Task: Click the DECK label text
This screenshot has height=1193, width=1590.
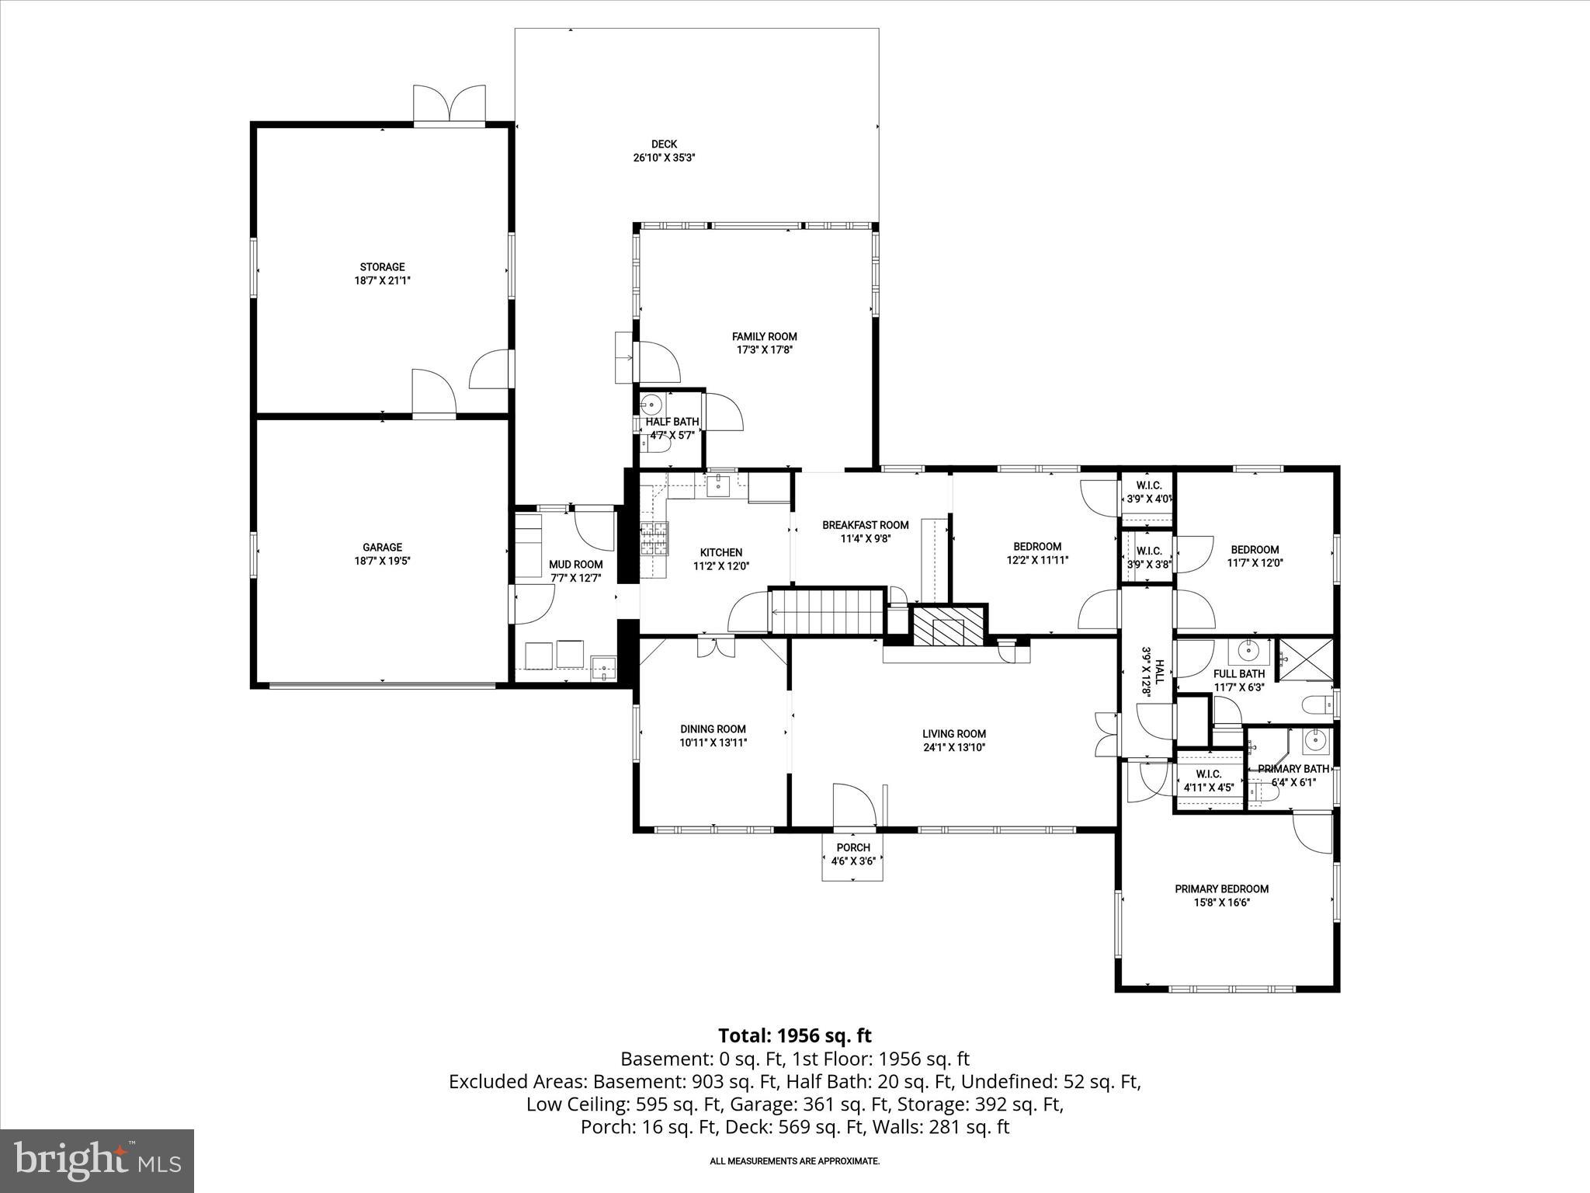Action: (664, 144)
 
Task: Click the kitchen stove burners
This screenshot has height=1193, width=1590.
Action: (653, 538)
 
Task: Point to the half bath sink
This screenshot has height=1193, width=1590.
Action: (651, 404)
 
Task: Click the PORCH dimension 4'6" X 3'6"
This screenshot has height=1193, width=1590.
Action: (853, 861)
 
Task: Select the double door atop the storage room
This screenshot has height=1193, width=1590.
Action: (449, 103)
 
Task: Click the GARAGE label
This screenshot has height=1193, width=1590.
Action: (382, 547)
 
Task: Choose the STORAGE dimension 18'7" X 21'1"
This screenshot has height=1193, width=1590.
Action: (382, 280)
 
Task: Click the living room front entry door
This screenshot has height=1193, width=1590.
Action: (854, 806)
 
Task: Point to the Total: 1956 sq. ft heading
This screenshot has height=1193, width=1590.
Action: (794, 1035)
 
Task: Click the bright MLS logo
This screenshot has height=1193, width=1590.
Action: (97, 1161)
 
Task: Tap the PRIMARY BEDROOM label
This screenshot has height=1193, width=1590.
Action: (1221, 889)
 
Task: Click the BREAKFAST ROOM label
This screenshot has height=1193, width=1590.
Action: (865, 525)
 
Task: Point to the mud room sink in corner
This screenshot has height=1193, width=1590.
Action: (603, 667)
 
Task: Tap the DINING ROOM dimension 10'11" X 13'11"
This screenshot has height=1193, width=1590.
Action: (713, 743)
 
